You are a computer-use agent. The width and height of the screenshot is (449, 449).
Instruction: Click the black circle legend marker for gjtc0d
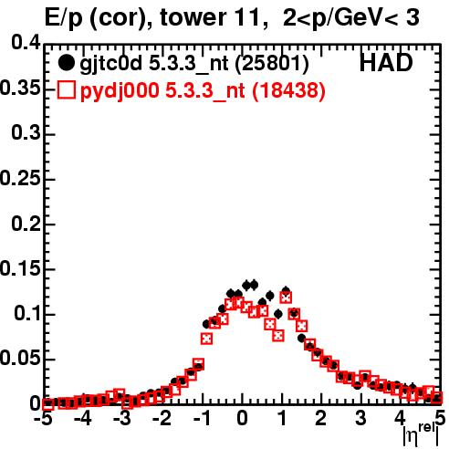(x=66, y=63)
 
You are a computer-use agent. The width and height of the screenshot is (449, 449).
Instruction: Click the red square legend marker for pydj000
(x=66, y=90)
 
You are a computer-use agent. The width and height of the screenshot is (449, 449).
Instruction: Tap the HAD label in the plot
(x=386, y=63)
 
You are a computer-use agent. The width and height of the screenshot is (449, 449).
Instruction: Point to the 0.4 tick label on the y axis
(x=26, y=42)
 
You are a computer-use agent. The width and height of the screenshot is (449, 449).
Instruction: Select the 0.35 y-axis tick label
(x=20, y=89)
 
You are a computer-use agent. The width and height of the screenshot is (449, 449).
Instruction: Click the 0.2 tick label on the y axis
(x=26, y=224)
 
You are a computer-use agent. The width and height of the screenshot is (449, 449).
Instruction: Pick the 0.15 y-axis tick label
(x=20, y=268)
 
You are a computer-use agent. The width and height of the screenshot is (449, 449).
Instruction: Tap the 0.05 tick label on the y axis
(x=20, y=359)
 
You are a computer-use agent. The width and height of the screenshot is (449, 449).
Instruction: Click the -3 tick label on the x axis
(x=121, y=419)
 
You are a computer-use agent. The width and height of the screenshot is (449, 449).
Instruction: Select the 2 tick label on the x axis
(x=321, y=419)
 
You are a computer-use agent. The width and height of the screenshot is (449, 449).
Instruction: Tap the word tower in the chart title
(x=193, y=17)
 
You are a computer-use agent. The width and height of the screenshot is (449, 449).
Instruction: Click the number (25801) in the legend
(x=272, y=64)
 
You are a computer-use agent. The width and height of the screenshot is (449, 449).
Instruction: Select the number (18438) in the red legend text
(x=288, y=90)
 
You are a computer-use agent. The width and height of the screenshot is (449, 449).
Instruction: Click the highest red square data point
(x=286, y=298)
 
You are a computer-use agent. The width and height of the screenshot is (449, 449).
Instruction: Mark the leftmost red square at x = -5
(x=47, y=404)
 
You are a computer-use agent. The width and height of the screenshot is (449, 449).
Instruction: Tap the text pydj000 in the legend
(x=120, y=91)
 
